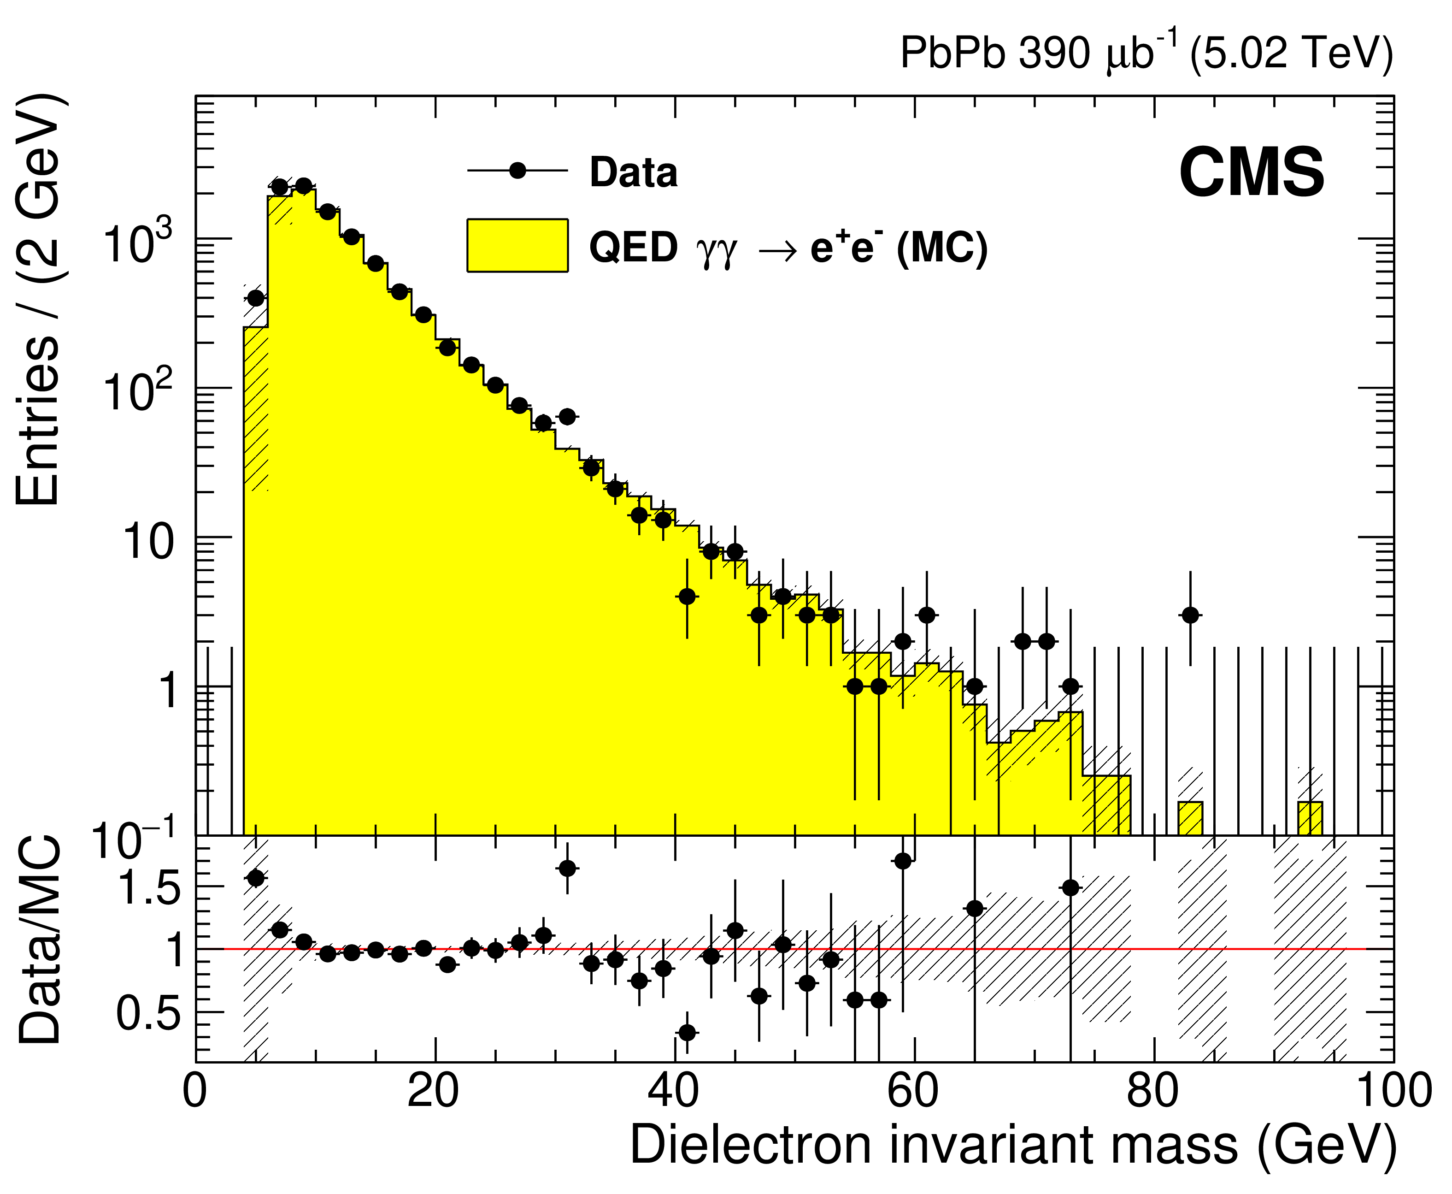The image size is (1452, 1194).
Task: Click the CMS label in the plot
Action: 1251,173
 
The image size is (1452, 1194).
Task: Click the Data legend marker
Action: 517,170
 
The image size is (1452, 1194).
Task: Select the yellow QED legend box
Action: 517,246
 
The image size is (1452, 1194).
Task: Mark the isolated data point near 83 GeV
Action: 1191,615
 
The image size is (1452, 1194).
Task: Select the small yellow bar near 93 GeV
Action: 1310,818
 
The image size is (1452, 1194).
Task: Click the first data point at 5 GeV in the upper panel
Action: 256,298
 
